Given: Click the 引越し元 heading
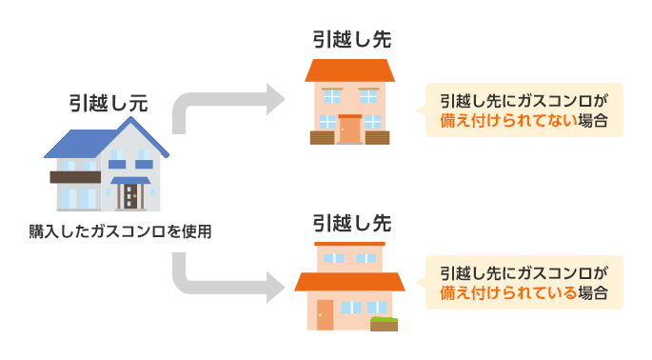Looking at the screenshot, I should click(108, 103).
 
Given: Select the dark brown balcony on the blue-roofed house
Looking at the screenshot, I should click(75, 177).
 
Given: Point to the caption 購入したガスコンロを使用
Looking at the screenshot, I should click(120, 230).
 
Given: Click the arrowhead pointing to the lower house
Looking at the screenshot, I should click(277, 283).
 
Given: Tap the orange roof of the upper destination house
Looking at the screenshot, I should click(350, 70).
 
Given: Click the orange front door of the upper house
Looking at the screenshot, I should click(350, 130).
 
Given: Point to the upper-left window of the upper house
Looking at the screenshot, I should click(331, 95).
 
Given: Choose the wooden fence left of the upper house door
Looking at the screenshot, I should click(324, 136).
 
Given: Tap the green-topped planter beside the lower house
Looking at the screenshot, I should click(385, 323).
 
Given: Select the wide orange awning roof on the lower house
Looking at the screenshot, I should click(350, 282).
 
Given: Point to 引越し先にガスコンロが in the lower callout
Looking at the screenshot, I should click(523, 272).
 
